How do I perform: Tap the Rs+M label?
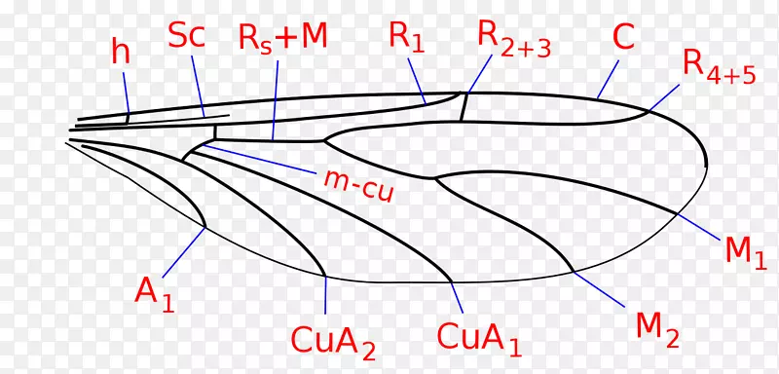point(283,38)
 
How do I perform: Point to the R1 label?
point(407,37)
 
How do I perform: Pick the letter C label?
point(623,38)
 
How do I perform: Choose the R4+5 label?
point(719,66)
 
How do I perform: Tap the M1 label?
point(746,251)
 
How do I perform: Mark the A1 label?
point(155,292)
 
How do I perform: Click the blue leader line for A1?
point(183,252)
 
